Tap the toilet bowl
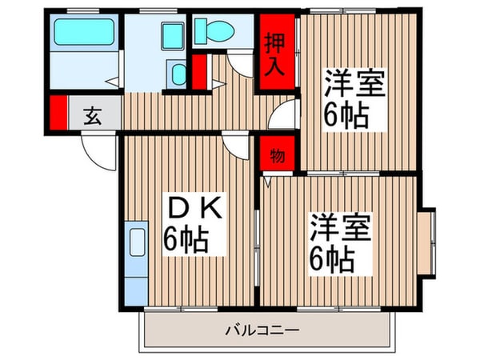215,32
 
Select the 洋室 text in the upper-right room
350,85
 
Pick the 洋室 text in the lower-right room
340,229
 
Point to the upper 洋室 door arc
282,120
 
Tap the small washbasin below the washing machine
177,75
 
